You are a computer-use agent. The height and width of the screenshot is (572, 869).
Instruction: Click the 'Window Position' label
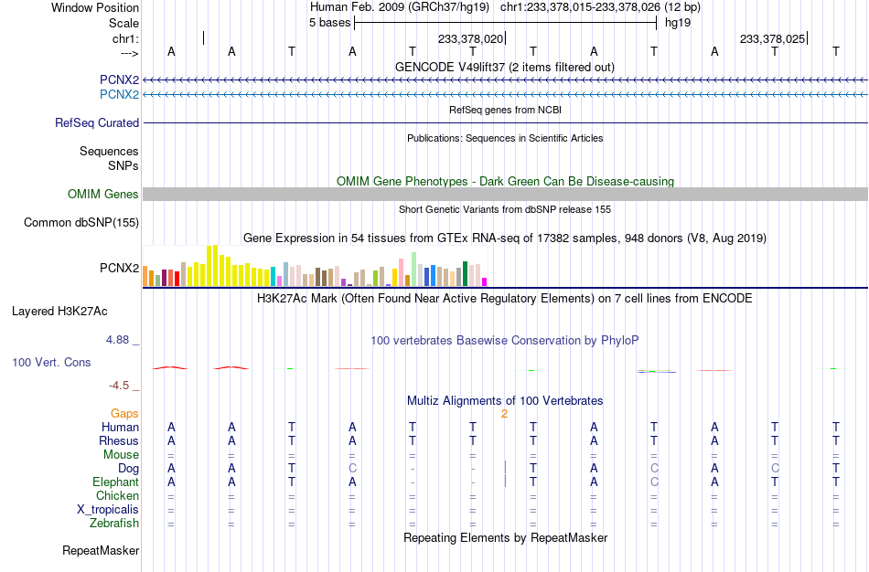[95, 7]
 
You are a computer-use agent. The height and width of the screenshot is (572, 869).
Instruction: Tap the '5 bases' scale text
[329, 23]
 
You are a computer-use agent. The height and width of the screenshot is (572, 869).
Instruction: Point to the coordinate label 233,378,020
[470, 38]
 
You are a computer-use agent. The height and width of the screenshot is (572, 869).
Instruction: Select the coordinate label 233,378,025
[773, 38]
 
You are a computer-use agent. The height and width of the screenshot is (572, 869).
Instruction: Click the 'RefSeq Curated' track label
[97, 123]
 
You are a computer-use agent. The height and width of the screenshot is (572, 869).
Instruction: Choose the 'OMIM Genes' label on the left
[103, 195]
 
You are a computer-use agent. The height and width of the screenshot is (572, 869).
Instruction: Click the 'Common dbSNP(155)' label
[81, 223]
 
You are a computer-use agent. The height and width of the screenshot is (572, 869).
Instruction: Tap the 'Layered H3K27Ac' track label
[59, 312]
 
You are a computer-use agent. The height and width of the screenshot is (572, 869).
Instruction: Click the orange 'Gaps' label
[124, 414]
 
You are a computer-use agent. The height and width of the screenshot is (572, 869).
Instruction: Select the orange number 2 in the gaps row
[504, 414]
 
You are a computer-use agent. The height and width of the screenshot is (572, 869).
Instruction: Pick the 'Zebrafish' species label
[114, 524]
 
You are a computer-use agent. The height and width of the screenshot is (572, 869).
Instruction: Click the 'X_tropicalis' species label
[108, 510]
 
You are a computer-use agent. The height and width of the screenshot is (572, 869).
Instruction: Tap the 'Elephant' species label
[116, 482]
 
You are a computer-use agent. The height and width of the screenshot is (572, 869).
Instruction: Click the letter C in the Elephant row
[654, 482]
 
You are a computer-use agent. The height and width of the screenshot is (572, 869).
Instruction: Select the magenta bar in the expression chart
[485, 281]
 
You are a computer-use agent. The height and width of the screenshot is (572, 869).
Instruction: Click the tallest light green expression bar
[414, 270]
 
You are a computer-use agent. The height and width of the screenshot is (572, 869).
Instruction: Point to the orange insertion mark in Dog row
[505, 467]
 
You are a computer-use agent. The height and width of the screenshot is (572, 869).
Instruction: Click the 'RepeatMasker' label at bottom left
[101, 550]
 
